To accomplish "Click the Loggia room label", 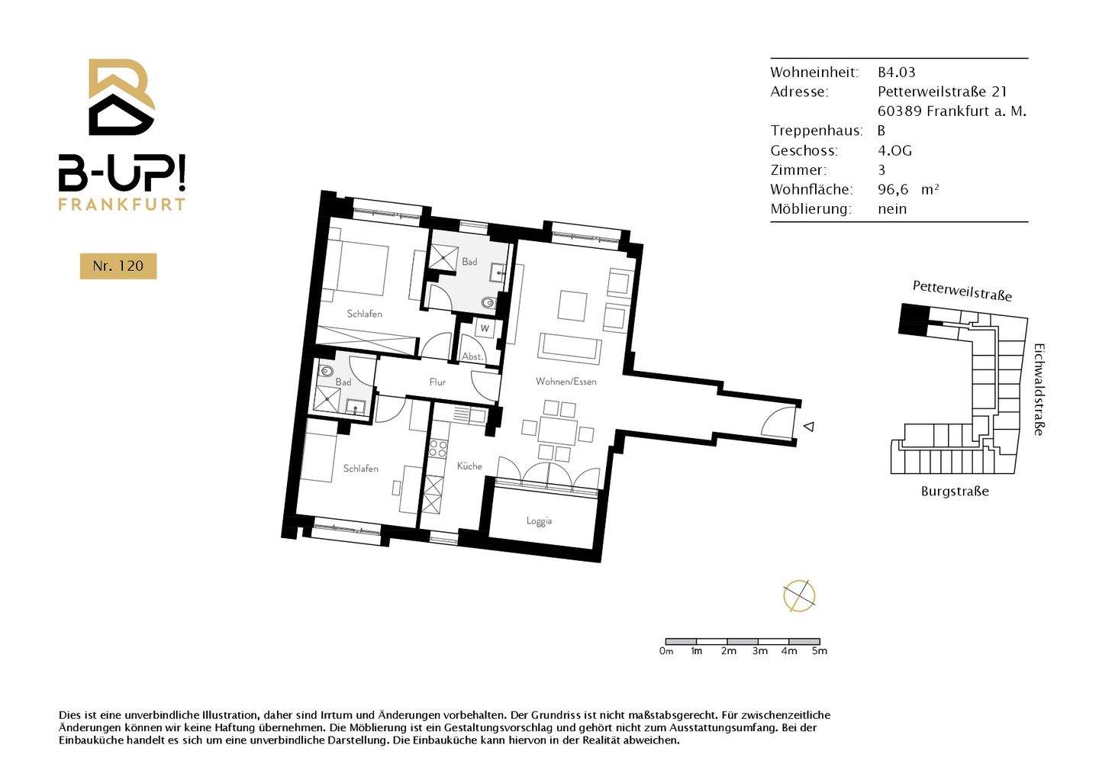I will click(x=539, y=521).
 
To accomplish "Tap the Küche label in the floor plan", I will click(x=469, y=466).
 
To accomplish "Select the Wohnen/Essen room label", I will click(x=566, y=382).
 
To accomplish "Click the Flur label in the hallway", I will click(x=437, y=382).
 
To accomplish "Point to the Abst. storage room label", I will click(x=472, y=356).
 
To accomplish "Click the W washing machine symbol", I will click(x=485, y=329).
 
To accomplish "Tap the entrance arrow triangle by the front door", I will click(x=809, y=427).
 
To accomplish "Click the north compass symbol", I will click(x=799, y=596).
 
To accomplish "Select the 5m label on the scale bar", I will click(x=819, y=651).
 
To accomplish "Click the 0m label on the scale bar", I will click(x=666, y=651).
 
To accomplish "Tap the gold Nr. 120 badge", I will click(x=118, y=266).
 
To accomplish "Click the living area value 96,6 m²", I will click(x=907, y=189).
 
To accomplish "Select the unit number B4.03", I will click(x=896, y=73).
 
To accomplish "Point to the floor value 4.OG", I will click(x=894, y=150).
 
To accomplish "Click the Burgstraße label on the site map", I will click(x=955, y=492).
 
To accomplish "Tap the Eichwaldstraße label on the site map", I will click(x=1038, y=389).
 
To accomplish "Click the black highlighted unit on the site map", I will click(x=914, y=318).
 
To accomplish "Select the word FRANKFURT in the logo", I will click(x=122, y=205).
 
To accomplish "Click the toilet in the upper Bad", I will click(x=488, y=303).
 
